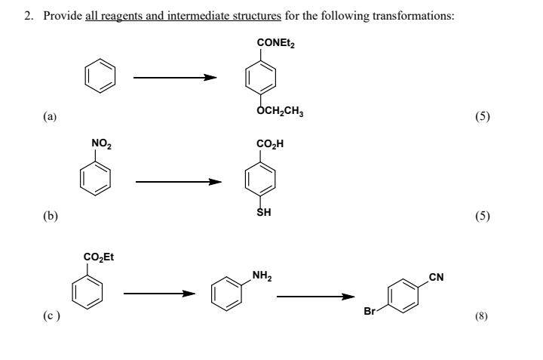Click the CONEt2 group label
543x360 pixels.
(x=276, y=43)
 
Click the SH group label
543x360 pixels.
(x=265, y=213)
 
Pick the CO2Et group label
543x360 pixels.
(x=98, y=257)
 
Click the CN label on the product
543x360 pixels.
(x=435, y=277)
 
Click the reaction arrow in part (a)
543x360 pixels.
(x=175, y=77)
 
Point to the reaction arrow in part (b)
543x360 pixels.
(x=178, y=181)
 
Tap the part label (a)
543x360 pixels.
(x=49, y=117)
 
